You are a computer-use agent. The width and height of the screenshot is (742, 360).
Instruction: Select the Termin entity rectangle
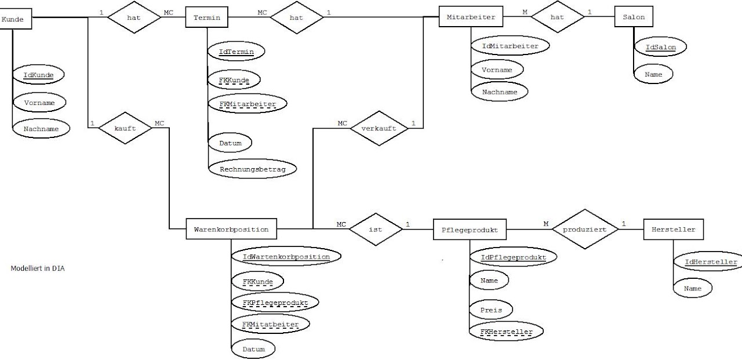206,17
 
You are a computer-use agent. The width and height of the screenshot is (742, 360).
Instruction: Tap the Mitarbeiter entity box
471,17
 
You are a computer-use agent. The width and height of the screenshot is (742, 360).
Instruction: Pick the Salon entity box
630,17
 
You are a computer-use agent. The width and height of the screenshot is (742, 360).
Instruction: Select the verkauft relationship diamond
379,128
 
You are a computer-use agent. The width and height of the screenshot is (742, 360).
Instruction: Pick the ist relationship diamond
375,230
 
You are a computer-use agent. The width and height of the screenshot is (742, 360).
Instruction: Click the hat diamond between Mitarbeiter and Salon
556,17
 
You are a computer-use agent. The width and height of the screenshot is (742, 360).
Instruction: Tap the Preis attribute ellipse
490,310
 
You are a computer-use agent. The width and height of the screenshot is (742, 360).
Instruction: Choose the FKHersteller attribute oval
506,332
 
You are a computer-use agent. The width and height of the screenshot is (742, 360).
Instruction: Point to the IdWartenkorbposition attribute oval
286,256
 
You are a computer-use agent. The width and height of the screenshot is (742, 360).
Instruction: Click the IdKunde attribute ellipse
38,75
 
